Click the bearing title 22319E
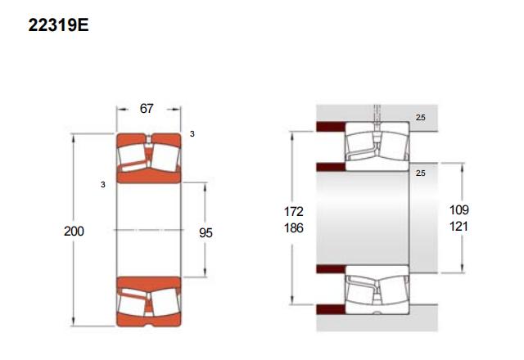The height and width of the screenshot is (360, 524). (58, 25)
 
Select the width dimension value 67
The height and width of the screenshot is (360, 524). (147, 109)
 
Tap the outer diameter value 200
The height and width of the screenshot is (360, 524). (74, 231)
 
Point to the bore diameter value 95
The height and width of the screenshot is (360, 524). (206, 232)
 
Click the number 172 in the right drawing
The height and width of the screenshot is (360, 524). (294, 211)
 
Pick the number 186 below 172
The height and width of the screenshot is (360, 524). (294, 228)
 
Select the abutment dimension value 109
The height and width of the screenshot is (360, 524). (458, 209)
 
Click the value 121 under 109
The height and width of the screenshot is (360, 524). (458, 227)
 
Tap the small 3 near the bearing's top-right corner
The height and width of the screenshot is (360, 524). (192, 134)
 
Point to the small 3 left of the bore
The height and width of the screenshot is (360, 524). (103, 185)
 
